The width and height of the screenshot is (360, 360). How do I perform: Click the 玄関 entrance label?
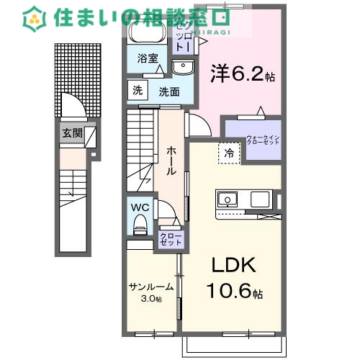click(72, 132)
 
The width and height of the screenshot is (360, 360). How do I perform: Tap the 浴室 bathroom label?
click(148, 58)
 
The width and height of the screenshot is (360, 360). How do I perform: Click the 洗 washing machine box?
click(137, 90)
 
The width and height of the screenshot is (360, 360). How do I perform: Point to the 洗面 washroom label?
click(169, 91)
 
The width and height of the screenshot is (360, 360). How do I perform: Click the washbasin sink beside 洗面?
click(183, 68)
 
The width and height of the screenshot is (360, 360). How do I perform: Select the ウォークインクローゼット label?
click(261, 140)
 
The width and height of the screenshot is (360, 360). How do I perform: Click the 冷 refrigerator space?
click(229, 152)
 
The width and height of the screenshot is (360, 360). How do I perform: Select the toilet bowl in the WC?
click(140, 223)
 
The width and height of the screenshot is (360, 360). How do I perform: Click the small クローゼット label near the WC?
click(171, 239)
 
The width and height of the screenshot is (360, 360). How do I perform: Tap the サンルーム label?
click(150, 286)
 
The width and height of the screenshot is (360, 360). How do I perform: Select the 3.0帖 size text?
click(150, 299)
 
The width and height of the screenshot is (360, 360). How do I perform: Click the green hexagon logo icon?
click(35, 19)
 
